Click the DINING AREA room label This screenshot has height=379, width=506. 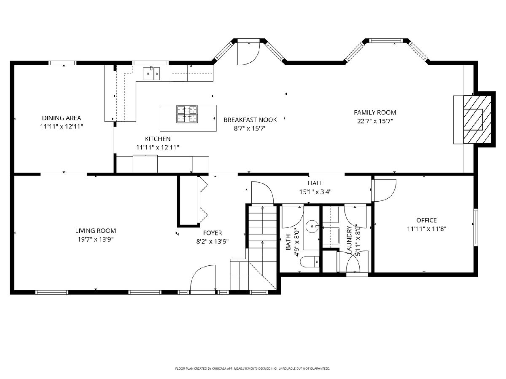pyautogui.click(x=61, y=118)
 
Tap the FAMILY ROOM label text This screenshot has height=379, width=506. pyautogui.click(x=375, y=112)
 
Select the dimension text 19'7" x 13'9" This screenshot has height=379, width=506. pyautogui.click(x=96, y=240)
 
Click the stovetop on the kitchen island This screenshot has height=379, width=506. pyautogui.click(x=187, y=114)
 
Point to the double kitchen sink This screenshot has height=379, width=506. pyautogui.click(x=151, y=73)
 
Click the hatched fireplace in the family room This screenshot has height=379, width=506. pyautogui.click(x=477, y=120)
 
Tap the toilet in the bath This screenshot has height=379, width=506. pyautogui.click(x=310, y=262)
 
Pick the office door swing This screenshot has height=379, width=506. pyautogui.click(x=385, y=190)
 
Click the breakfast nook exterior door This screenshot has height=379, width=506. pyautogui.click(x=248, y=53)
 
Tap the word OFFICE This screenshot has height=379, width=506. pyautogui.click(x=426, y=220)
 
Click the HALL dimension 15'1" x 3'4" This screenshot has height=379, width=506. pyautogui.click(x=315, y=192)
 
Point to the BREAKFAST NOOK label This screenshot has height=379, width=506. pyautogui.click(x=250, y=120)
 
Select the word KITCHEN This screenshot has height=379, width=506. pyautogui.click(x=158, y=139)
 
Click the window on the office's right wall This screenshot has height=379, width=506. pyautogui.click(x=476, y=227)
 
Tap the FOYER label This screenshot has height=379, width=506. pyautogui.click(x=213, y=233)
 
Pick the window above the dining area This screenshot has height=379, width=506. pyautogui.click(x=62, y=63)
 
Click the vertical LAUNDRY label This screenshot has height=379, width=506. pyautogui.click(x=350, y=240)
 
